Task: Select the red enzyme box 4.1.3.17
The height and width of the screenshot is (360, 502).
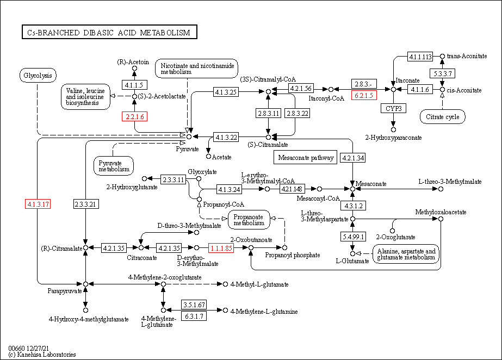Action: pos(38,204)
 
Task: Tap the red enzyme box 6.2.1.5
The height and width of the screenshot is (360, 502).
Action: pos(363,95)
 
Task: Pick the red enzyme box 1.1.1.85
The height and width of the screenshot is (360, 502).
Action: pos(221,248)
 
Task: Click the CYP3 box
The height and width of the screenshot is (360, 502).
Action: pos(393,108)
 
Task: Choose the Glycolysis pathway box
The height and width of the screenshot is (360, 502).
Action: pos(38,76)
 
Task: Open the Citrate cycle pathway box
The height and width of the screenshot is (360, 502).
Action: pos(443,116)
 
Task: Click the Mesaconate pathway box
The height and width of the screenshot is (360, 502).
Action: pos(305,158)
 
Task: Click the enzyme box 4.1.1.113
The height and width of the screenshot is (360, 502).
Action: pos(420,57)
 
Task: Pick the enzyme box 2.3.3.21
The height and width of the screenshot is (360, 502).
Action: pos(85,204)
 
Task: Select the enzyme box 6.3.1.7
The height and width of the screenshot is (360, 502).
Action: pos(194,316)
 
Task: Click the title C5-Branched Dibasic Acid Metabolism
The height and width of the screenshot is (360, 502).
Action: pos(109,33)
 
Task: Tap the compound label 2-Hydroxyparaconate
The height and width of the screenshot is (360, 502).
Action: pos(393,138)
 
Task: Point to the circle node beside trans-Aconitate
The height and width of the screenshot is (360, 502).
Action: pos(442,57)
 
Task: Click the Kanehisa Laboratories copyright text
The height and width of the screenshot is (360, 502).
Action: pos(42,355)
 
